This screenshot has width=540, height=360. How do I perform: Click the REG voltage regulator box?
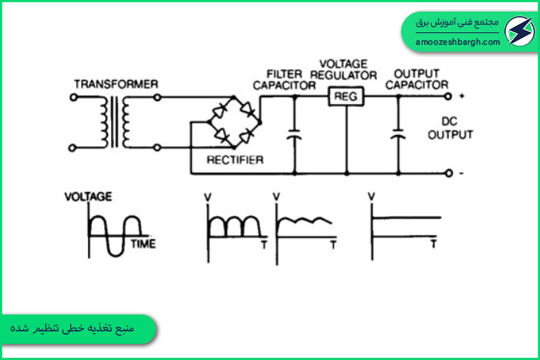click(346, 96)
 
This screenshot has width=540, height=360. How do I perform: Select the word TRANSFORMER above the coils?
click(116, 84)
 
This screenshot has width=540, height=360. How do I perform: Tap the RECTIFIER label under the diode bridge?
click(235, 160)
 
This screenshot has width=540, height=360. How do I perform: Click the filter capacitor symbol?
click(295, 135)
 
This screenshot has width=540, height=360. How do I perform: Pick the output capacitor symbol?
click(398, 134)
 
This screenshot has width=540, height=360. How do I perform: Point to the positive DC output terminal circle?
click(447, 96)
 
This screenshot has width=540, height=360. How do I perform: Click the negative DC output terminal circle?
click(448, 173)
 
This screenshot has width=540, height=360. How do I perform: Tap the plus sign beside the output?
click(462, 96)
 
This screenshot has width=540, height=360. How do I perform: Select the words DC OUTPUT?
click(450, 128)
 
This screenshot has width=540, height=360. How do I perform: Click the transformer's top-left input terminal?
click(73, 97)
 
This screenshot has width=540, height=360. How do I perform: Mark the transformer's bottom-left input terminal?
click(73, 148)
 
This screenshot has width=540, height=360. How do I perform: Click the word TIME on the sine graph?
click(143, 244)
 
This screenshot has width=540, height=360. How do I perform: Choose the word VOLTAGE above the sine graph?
click(89, 197)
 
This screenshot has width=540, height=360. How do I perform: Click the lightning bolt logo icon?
click(519, 31)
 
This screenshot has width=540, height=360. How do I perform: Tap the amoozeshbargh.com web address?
click(457, 42)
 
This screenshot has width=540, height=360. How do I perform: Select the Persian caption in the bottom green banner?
click(72, 328)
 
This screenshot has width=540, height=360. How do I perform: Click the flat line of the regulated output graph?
click(407, 217)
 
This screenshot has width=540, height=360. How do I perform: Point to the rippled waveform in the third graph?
click(305, 221)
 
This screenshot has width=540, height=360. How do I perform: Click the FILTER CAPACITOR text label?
click(284, 80)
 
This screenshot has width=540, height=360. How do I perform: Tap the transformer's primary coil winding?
click(104, 122)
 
